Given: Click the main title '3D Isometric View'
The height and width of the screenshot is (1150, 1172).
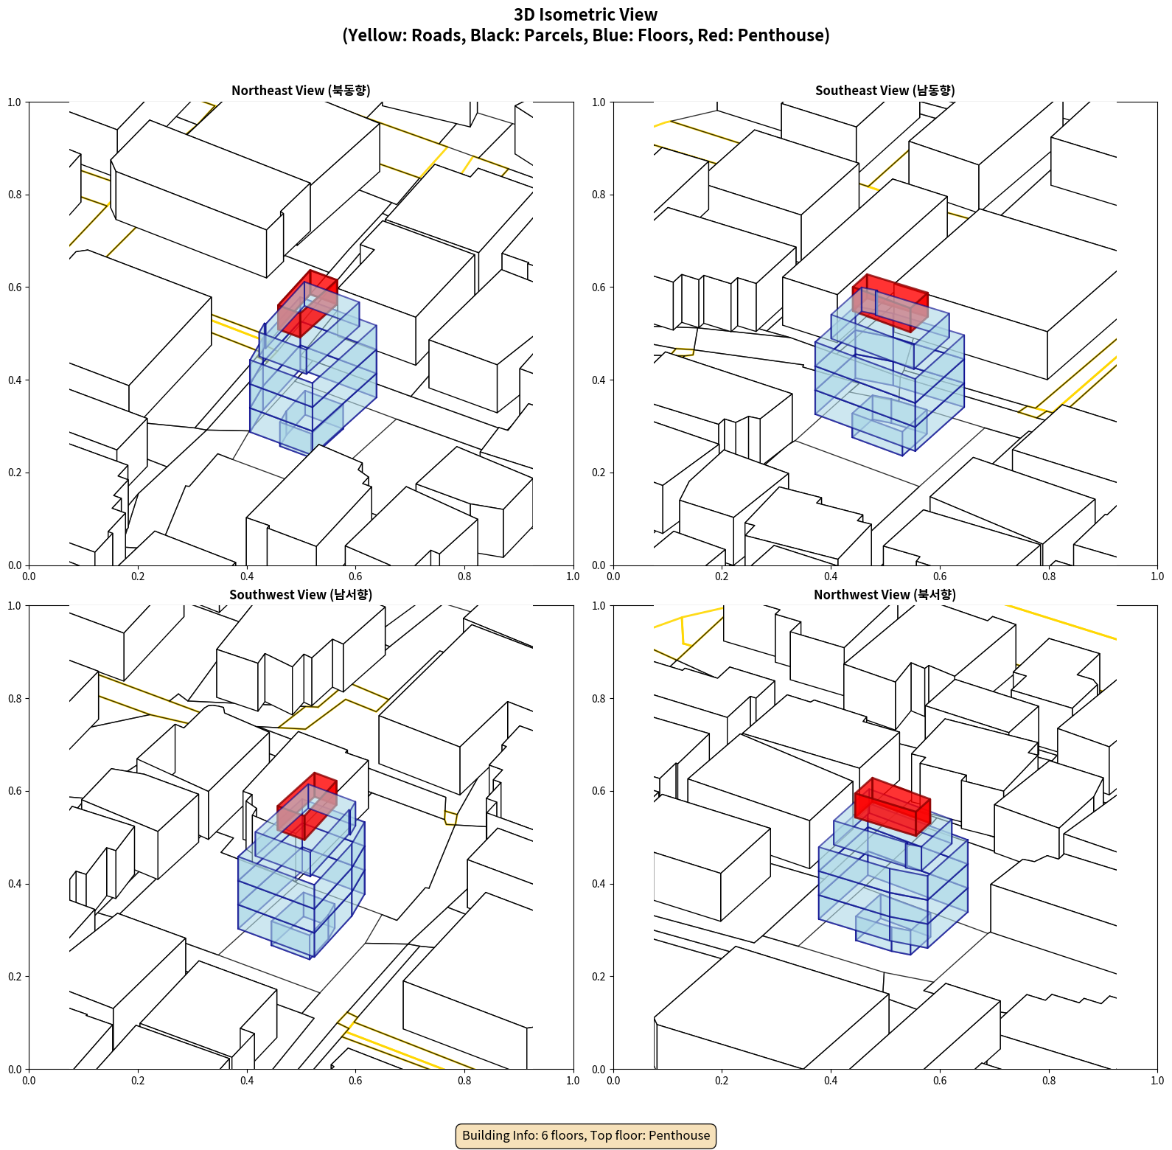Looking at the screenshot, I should [585, 15].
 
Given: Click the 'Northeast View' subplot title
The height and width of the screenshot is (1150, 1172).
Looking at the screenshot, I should [301, 90].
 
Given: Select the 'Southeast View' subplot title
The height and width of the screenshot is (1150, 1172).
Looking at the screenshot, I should [885, 90].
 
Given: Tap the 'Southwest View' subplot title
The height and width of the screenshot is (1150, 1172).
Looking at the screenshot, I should [301, 594].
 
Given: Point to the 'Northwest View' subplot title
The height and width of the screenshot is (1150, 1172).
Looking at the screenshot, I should [885, 594].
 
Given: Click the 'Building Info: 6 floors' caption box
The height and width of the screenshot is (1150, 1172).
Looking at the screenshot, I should [586, 1135].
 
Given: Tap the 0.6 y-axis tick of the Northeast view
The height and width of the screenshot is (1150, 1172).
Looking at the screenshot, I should [15, 287].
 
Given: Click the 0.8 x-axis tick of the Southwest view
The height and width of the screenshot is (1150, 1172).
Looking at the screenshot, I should [464, 1081].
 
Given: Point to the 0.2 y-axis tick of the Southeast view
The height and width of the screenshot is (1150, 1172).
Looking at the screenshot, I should [599, 473].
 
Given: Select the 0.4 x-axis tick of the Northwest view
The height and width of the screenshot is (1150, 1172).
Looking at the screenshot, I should [831, 1081].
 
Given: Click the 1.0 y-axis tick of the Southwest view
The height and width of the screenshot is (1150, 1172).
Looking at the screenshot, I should [15, 606].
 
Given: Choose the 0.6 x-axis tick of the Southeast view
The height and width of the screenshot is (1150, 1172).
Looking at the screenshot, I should [940, 576].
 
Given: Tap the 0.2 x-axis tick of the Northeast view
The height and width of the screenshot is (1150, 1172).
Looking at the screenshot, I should [138, 576].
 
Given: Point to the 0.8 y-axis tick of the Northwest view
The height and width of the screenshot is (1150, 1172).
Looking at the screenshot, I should [599, 699].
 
